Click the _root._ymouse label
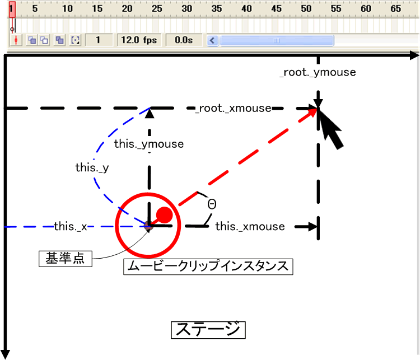318,72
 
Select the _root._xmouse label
233,108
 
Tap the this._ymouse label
149,144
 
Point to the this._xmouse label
250,226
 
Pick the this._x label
71,226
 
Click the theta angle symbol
212,204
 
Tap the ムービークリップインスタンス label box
208,266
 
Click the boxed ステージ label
208,329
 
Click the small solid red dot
164,214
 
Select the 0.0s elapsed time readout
184,40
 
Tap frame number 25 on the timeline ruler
157,8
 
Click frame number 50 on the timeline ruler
306,8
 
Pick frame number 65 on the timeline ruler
395,8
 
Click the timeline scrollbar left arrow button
212,40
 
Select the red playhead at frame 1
12,9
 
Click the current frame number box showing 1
98,40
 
